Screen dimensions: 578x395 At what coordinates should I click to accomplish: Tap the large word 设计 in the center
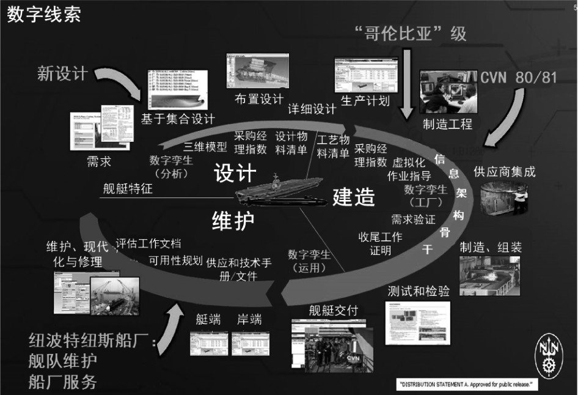[x=235, y=173]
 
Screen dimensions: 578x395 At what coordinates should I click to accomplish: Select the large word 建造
[x=353, y=197]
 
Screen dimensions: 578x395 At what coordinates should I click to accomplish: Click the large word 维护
[x=233, y=220]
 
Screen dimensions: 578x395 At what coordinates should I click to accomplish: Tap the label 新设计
[x=63, y=74]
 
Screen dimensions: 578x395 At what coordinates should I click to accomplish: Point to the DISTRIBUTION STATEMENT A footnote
[x=466, y=385]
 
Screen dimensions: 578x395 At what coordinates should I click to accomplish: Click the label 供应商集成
[x=505, y=172]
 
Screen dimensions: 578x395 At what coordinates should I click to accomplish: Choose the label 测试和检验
[x=419, y=291]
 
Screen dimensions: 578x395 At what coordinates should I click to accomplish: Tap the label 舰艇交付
[x=333, y=311]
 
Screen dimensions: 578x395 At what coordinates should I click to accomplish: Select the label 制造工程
[x=448, y=124]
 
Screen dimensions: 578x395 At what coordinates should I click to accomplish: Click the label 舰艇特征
[x=128, y=189]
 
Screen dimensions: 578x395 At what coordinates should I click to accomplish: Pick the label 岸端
[x=249, y=320]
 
